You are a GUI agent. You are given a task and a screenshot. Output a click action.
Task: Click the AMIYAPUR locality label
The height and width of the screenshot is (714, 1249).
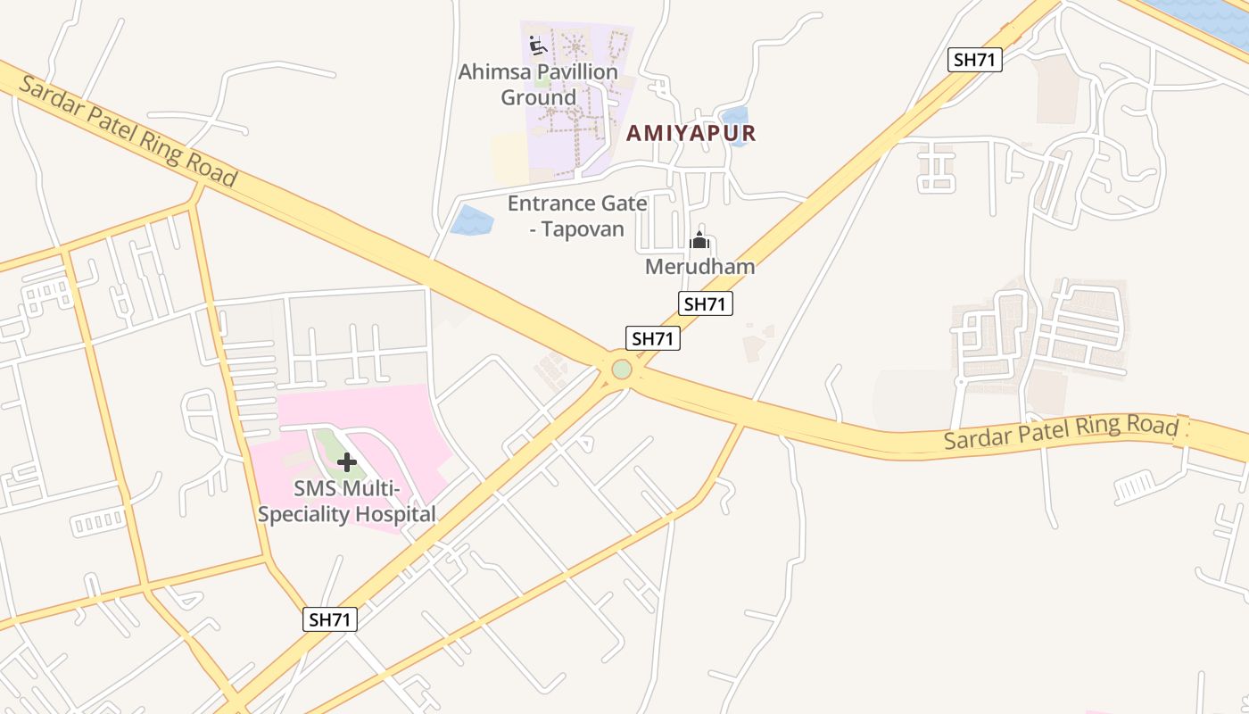691,134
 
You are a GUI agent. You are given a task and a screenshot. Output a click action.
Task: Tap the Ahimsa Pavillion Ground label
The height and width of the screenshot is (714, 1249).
538,84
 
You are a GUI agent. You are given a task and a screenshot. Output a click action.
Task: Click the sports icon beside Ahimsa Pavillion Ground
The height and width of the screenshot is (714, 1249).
537,45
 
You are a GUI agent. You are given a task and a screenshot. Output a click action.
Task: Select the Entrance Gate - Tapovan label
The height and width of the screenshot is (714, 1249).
577,215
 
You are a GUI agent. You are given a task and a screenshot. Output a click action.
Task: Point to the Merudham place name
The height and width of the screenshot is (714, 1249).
699,267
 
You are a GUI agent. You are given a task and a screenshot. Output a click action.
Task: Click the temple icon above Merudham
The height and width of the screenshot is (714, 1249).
699,240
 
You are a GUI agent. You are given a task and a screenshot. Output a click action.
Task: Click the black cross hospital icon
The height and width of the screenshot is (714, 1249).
347,462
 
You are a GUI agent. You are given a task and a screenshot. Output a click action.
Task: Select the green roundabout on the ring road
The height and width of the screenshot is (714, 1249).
622,369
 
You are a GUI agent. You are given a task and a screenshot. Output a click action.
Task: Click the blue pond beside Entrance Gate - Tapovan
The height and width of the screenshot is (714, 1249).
472,220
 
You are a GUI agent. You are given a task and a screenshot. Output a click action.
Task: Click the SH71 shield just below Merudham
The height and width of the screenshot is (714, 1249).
705,303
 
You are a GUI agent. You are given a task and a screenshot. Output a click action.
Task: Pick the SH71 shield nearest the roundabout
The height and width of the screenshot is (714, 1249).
653,338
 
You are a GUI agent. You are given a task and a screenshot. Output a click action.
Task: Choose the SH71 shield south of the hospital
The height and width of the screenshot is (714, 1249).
330,619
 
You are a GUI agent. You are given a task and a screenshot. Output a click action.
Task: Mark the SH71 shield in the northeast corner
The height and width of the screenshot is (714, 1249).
975,60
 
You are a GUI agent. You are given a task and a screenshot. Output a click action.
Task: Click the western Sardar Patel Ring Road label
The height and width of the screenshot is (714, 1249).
128,131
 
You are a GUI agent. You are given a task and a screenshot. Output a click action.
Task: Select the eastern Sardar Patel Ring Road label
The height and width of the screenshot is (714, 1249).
1061,432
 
